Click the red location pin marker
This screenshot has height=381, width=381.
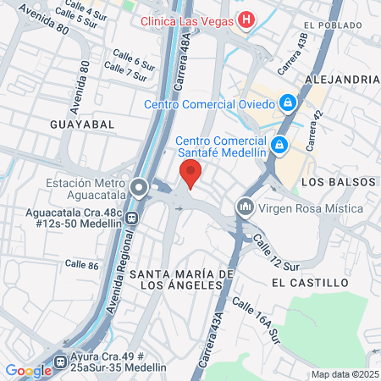(x=191, y=173)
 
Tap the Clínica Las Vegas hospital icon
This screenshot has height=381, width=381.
(x=246, y=19)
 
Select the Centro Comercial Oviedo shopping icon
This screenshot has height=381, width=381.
(x=288, y=103)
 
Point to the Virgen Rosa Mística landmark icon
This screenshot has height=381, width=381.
(x=246, y=207)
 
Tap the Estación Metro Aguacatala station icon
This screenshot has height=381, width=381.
(x=137, y=185)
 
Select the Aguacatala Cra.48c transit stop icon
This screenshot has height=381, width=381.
(x=131, y=216)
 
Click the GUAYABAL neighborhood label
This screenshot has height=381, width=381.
(x=82, y=124)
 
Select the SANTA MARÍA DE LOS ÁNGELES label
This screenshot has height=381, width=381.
(x=181, y=279)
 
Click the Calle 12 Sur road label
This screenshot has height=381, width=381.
(x=278, y=255)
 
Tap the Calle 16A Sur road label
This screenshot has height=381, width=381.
(x=256, y=322)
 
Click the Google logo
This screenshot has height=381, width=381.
(x=29, y=370)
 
